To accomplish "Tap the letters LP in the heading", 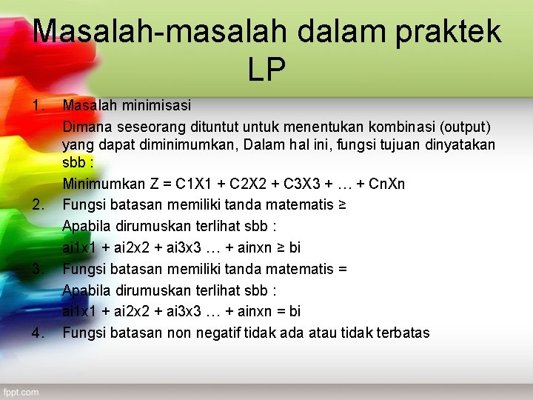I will click(x=266, y=70).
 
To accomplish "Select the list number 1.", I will click(x=40, y=106).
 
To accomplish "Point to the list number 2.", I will click(x=40, y=204).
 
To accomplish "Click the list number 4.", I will click(x=40, y=333).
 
